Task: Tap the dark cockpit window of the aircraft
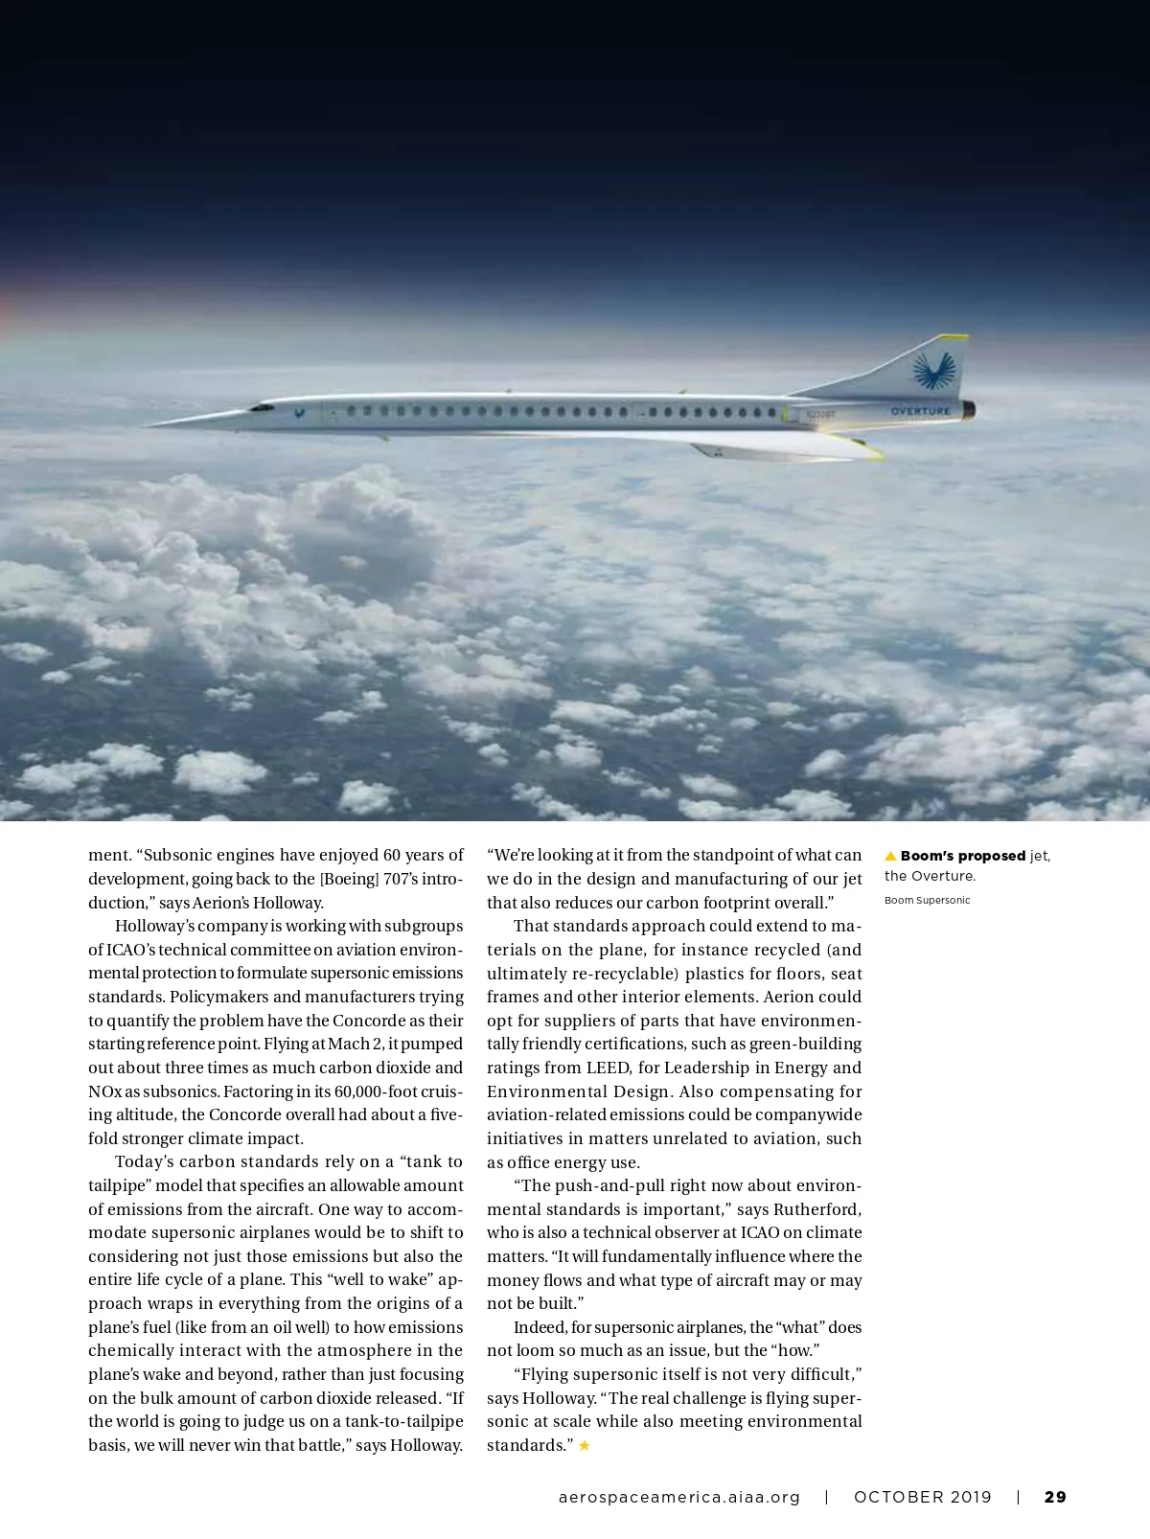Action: pos(261,407)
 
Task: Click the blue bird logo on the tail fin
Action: pos(934,370)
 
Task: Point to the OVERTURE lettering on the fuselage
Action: pos(920,412)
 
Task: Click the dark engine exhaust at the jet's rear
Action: pos(970,410)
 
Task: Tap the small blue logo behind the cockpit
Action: pos(300,414)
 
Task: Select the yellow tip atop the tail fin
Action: pos(953,337)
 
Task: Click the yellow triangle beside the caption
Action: pos(890,856)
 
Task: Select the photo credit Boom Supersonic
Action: pos(927,901)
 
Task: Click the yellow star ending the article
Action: pos(585,1445)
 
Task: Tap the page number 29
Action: pos(1055,1497)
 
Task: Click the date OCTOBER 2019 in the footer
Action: pos(923,1497)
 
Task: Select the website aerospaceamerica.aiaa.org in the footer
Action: pos(678,1497)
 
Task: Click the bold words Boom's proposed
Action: pos(962,856)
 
